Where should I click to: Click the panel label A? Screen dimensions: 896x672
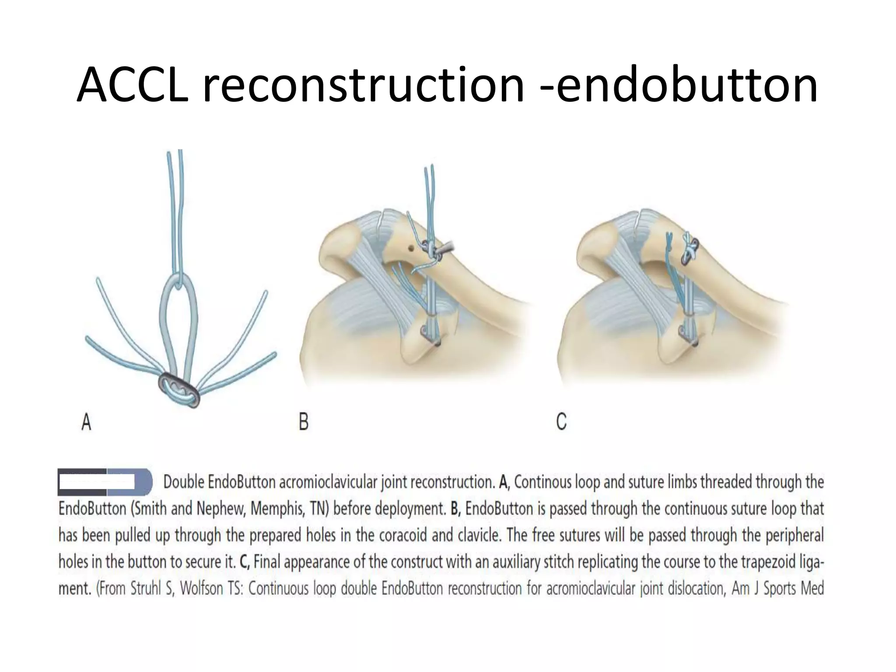87,422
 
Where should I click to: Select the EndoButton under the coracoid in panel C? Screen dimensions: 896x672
688,335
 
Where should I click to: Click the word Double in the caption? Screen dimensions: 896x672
184,482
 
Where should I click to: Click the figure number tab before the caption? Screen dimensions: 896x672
105,482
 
